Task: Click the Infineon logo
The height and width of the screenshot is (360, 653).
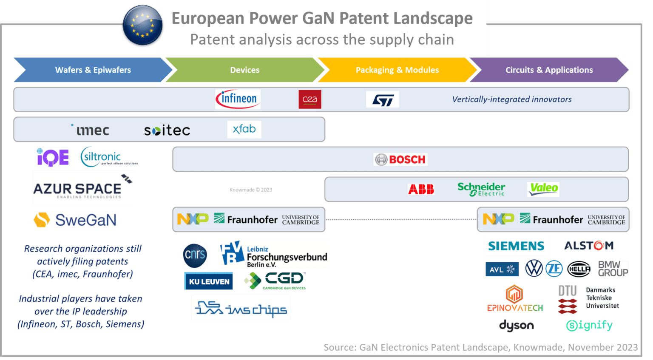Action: click(238, 99)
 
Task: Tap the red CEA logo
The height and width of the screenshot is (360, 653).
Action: click(309, 99)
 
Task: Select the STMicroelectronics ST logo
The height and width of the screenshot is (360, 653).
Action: click(382, 99)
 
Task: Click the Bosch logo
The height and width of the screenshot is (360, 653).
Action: click(400, 159)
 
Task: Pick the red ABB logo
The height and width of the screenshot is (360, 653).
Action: click(421, 189)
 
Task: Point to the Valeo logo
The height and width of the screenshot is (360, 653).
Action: click(543, 189)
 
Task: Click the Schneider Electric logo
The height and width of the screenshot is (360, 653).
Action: click(481, 189)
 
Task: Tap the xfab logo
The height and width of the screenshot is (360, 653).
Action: click(244, 129)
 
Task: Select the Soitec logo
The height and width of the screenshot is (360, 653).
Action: click(167, 130)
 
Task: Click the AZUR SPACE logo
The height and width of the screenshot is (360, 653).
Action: click(83, 188)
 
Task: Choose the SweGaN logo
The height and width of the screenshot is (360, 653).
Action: click(75, 220)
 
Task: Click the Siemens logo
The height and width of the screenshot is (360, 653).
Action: click(517, 245)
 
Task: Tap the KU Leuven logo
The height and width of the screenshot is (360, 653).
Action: click(208, 281)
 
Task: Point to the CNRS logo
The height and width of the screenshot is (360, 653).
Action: click(195, 255)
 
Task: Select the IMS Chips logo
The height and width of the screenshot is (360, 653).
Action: click(241, 307)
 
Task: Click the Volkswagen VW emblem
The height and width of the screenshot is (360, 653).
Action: click(534, 269)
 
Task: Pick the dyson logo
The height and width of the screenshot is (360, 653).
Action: click(516, 326)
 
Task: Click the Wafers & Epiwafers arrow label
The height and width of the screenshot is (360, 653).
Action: click(93, 70)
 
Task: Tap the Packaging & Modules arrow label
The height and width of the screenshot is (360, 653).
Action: click(397, 70)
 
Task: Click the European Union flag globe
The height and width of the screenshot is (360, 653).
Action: click(142, 26)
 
